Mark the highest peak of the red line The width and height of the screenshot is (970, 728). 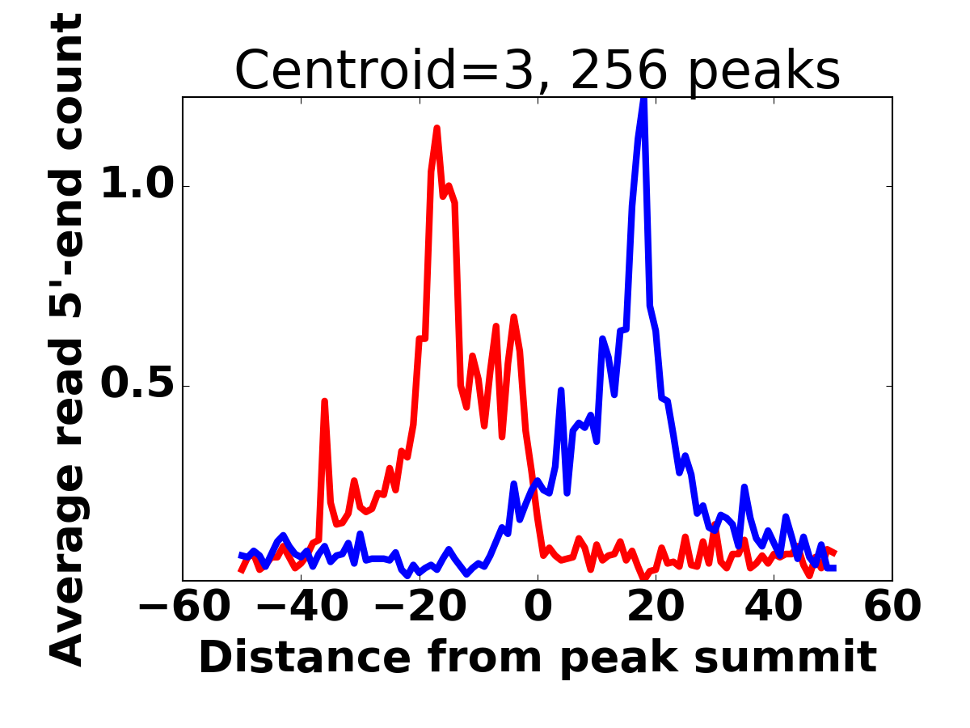pyautogui.click(x=436, y=129)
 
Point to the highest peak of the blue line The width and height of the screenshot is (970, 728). pyautogui.click(x=643, y=99)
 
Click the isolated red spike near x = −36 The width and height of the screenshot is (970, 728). pyautogui.click(x=324, y=401)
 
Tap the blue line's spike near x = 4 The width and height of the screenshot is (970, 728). pyautogui.click(x=561, y=391)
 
